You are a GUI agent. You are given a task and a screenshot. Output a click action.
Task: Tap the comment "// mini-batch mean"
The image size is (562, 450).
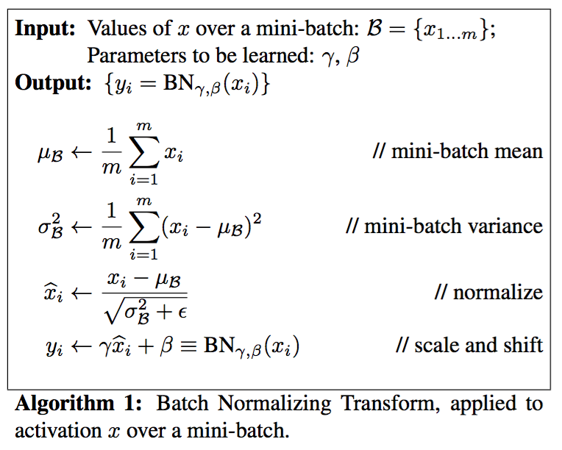click(458, 152)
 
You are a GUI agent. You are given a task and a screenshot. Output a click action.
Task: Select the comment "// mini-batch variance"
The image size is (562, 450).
click(444, 226)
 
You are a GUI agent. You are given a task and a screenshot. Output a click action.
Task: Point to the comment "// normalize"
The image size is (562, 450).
click(488, 292)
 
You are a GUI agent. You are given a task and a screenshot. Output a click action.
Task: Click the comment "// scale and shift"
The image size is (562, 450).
click(469, 345)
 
